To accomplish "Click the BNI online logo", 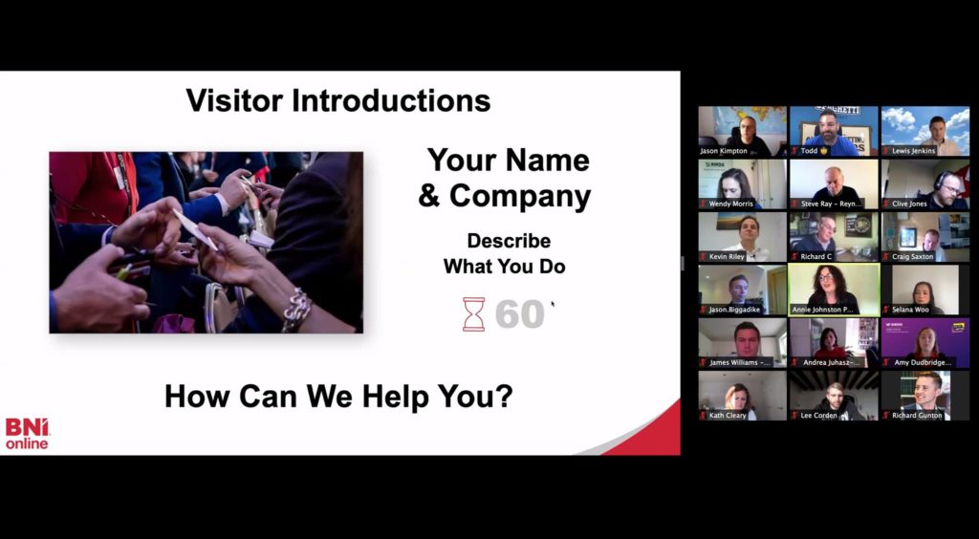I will (x=27, y=433).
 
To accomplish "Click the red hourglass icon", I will (x=473, y=313).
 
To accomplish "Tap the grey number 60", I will (x=519, y=314).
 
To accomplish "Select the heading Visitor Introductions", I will (x=337, y=100).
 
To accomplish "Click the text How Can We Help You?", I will (x=338, y=396).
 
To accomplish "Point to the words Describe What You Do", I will (x=504, y=253).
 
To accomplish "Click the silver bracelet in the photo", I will (x=296, y=310).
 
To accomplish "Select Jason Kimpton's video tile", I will (x=742, y=130).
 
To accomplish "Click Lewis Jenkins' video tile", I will (x=925, y=130).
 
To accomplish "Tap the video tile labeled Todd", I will (x=833, y=130).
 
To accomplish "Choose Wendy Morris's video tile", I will (x=742, y=183).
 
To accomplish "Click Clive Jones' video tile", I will (x=925, y=183).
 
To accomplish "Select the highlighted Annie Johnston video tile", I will (x=833, y=289).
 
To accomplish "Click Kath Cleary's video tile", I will (x=742, y=395).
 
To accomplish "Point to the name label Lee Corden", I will (x=818, y=416).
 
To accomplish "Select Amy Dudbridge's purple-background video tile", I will (x=925, y=341).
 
